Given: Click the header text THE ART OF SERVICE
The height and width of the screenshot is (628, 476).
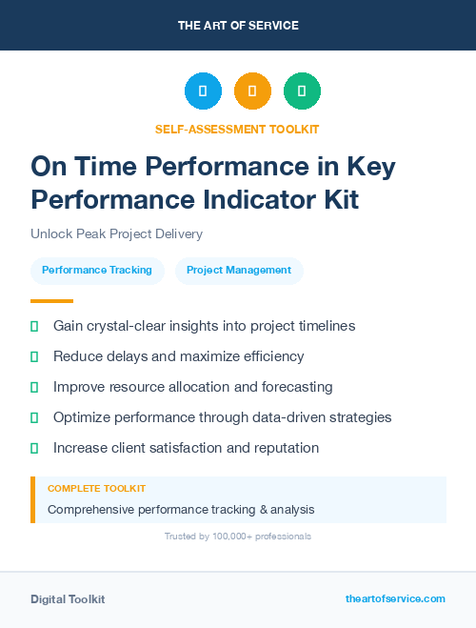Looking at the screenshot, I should pos(238,25).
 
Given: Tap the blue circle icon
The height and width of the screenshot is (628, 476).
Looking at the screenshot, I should pos(203,91).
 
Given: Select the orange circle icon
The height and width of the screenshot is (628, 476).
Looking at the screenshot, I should pos(252,91).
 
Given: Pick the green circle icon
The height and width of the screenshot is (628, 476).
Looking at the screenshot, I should pos(302,91).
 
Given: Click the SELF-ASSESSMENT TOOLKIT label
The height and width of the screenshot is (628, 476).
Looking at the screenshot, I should pos(238,129).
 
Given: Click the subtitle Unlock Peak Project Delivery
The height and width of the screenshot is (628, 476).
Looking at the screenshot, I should pos(116,233).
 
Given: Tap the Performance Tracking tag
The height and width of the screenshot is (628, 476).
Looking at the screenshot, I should pos(97,270).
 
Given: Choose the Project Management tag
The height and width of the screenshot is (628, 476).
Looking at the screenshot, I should pos(239,270).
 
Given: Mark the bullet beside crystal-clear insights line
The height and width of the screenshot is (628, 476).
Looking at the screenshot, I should pos(34,326).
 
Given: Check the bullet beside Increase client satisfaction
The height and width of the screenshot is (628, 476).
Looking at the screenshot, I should pos(34,448).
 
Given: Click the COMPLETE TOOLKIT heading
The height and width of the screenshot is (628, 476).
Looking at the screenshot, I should pos(96,488).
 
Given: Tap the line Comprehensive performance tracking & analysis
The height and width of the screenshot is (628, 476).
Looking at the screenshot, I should pos(181,509).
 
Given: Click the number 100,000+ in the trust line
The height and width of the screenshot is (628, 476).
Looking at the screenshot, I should pos(222,537).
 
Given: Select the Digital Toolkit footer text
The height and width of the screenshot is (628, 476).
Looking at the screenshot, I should pos(68,598).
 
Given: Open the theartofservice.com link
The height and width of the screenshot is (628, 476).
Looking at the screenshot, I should pos(395,598).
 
